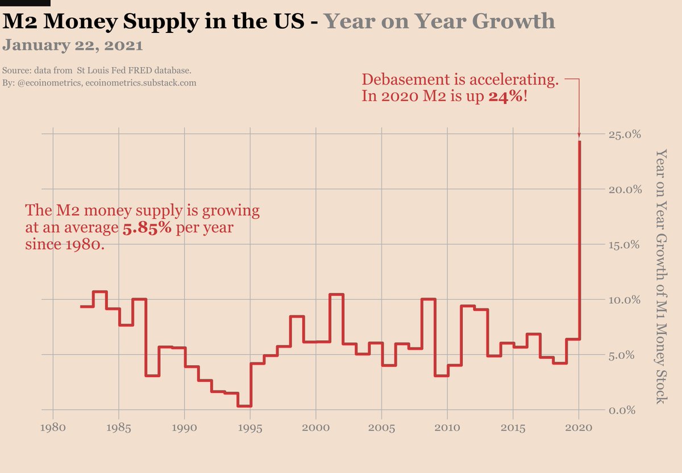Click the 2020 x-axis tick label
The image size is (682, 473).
(x=579, y=426)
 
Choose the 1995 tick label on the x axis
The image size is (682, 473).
(x=250, y=426)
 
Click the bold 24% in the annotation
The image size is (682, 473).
(x=505, y=96)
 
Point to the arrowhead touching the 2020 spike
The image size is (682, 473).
(x=579, y=135)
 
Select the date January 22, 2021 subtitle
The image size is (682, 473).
(x=73, y=44)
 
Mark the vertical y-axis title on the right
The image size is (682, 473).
(x=660, y=277)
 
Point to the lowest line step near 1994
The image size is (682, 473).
(x=244, y=405)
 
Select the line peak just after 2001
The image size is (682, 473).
(x=336, y=294)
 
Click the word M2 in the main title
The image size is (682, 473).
(x=21, y=21)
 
